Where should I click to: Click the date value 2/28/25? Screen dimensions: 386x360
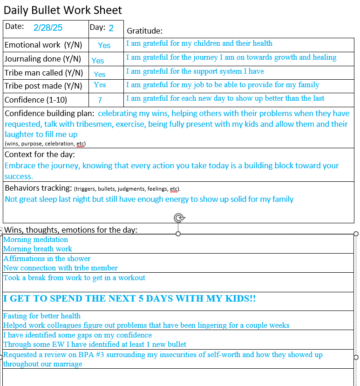[x=48, y=28]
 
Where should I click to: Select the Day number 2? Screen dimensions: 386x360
[x=111, y=28]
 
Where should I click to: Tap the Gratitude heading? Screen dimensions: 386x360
[x=145, y=31]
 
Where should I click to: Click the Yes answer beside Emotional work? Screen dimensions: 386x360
[x=104, y=45]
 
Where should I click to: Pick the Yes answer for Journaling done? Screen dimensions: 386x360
[x=98, y=60]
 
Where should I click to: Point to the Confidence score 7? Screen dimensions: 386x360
[x=100, y=100]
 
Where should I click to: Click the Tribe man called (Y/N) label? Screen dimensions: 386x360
[x=44, y=73]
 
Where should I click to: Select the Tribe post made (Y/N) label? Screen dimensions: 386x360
[x=43, y=86]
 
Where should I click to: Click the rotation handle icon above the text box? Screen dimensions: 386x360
[x=178, y=218]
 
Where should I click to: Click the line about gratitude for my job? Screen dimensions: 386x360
[x=223, y=85]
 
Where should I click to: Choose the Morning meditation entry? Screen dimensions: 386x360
[x=36, y=240]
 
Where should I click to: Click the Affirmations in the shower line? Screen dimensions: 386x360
[x=47, y=259]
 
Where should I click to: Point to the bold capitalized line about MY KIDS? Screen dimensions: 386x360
[x=129, y=299]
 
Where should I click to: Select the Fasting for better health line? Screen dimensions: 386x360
[x=42, y=316]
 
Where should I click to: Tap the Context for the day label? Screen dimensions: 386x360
[x=40, y=154]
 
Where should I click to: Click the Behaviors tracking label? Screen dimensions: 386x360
[x=38, y=188]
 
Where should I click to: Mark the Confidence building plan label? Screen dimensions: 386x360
[x=49, y=113]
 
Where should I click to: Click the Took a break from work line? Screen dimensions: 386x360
[x=75, y=278]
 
